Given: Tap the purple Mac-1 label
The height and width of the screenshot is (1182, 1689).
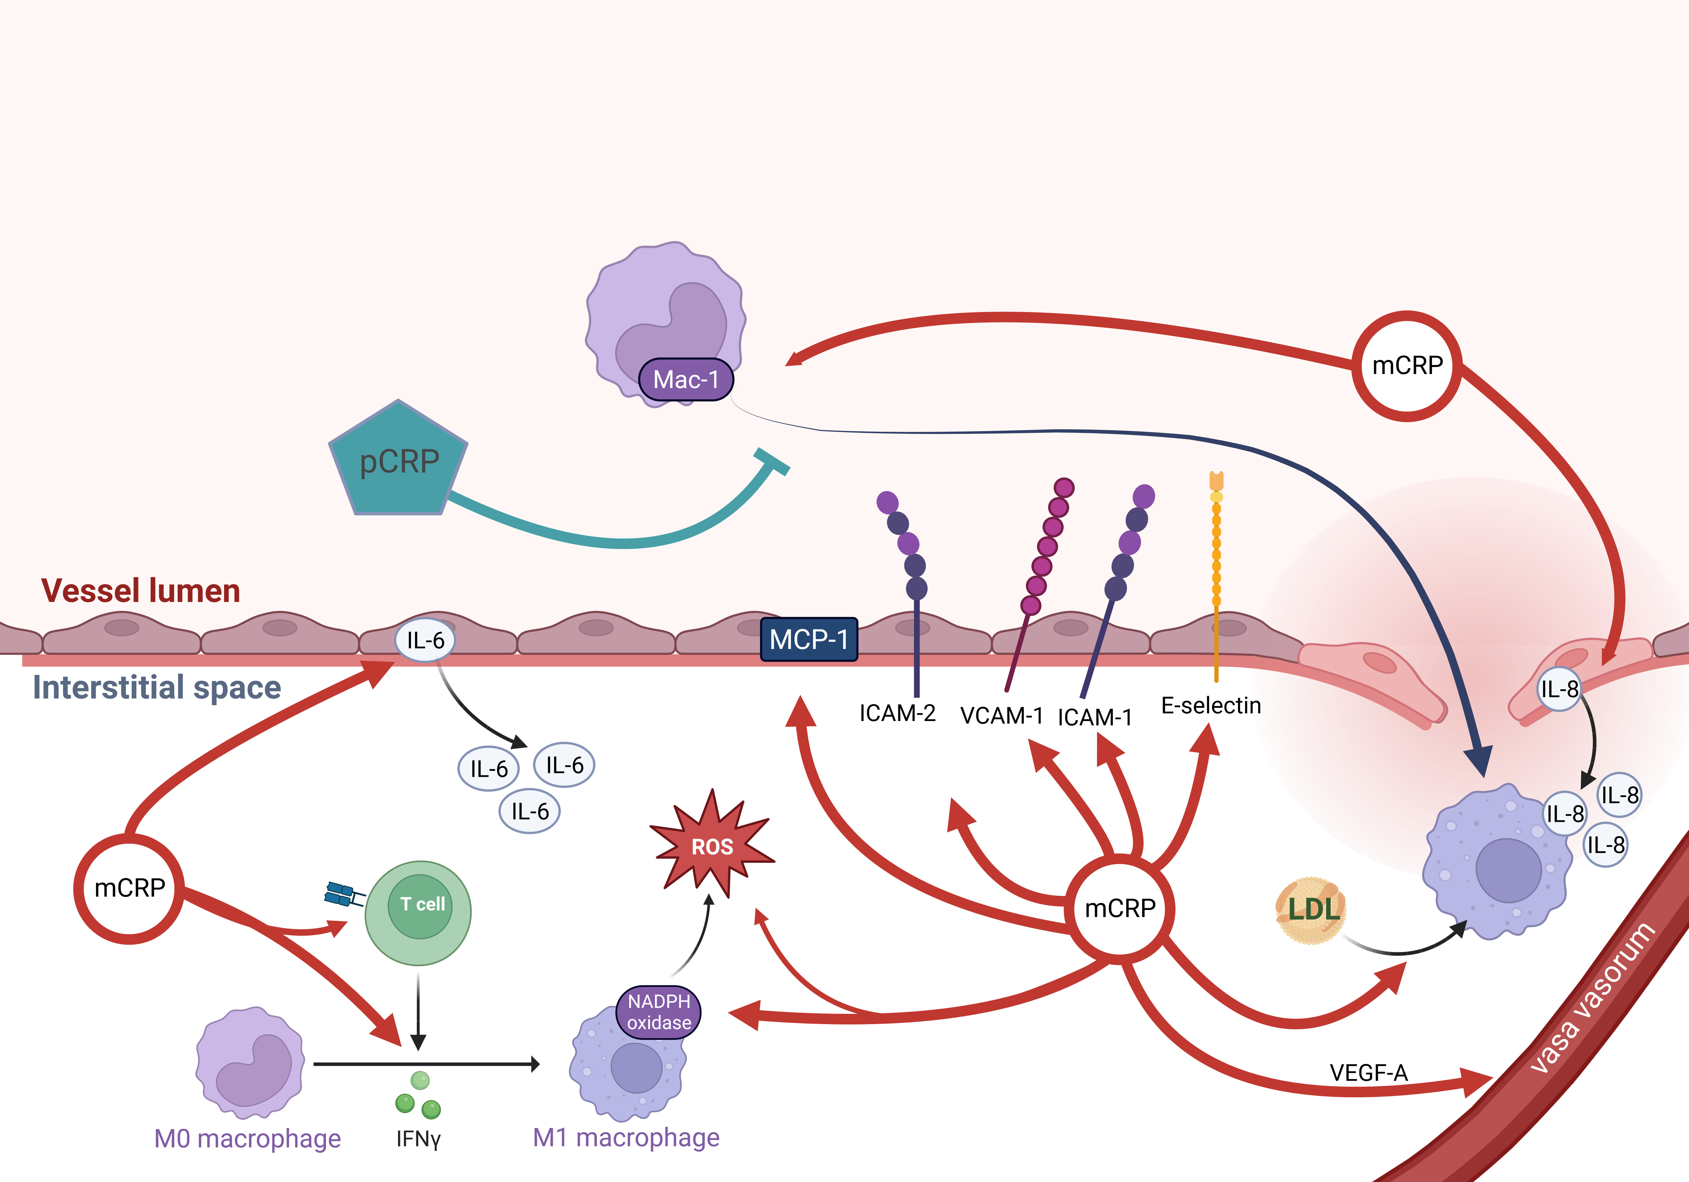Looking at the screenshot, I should (x=686, y=380).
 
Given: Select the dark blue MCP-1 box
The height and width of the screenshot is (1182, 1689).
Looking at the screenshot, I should (x=808, y=639).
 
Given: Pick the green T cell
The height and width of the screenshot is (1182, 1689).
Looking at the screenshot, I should (x=419, y=912).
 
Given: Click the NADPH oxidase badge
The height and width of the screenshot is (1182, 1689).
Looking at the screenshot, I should (x=658, y=1012).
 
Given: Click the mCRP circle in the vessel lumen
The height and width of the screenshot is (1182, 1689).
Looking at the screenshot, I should (x=1407, y=366).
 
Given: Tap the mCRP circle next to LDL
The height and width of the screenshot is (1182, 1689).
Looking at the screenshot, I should (x=1120, y=908).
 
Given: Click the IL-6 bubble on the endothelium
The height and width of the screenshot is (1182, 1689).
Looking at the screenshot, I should (x=425, y=640).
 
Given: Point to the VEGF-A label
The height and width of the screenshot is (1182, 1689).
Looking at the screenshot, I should (x=1368, y=1073).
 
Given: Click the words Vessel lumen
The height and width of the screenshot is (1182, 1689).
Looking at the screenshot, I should (x=140, y=591).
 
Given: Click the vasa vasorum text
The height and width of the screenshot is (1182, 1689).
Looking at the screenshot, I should (x=1593, y=997).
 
